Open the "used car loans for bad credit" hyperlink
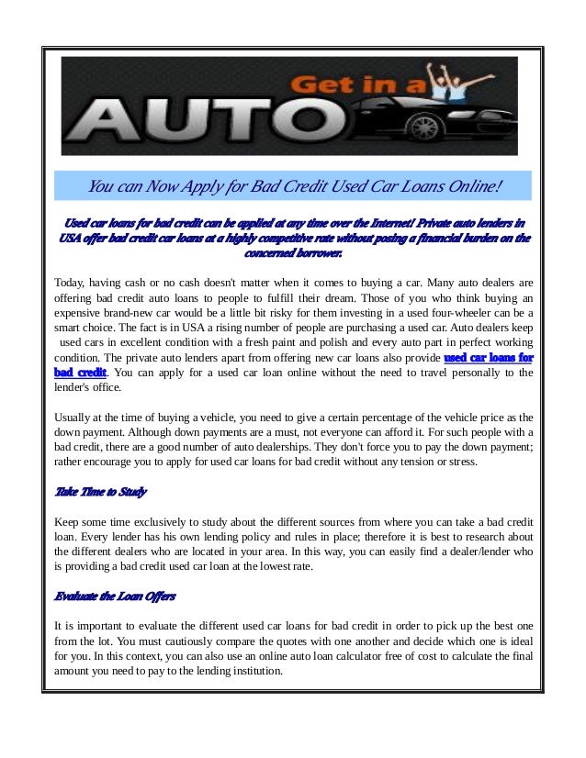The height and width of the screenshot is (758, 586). (x=488, y=357)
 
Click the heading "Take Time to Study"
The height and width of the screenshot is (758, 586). (x=101, y=492)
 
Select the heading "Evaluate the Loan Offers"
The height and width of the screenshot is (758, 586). (x=115, y=596)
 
